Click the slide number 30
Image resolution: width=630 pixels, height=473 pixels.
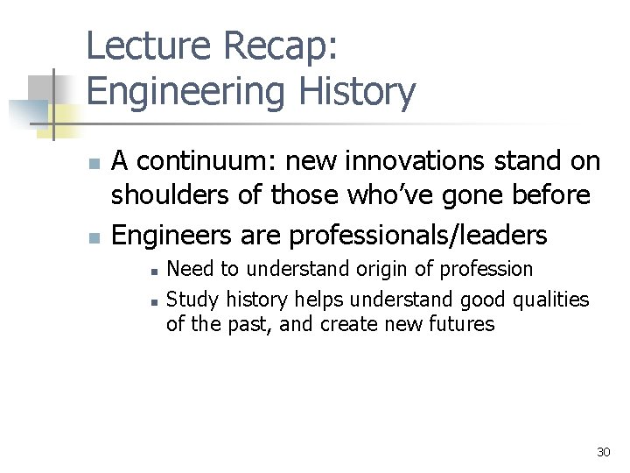coord(602,452)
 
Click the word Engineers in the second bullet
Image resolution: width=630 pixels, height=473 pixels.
coord(169,235)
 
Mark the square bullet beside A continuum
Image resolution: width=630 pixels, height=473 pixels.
coord(95,163)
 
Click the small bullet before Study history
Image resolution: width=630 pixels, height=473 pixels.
coord(152,300)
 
